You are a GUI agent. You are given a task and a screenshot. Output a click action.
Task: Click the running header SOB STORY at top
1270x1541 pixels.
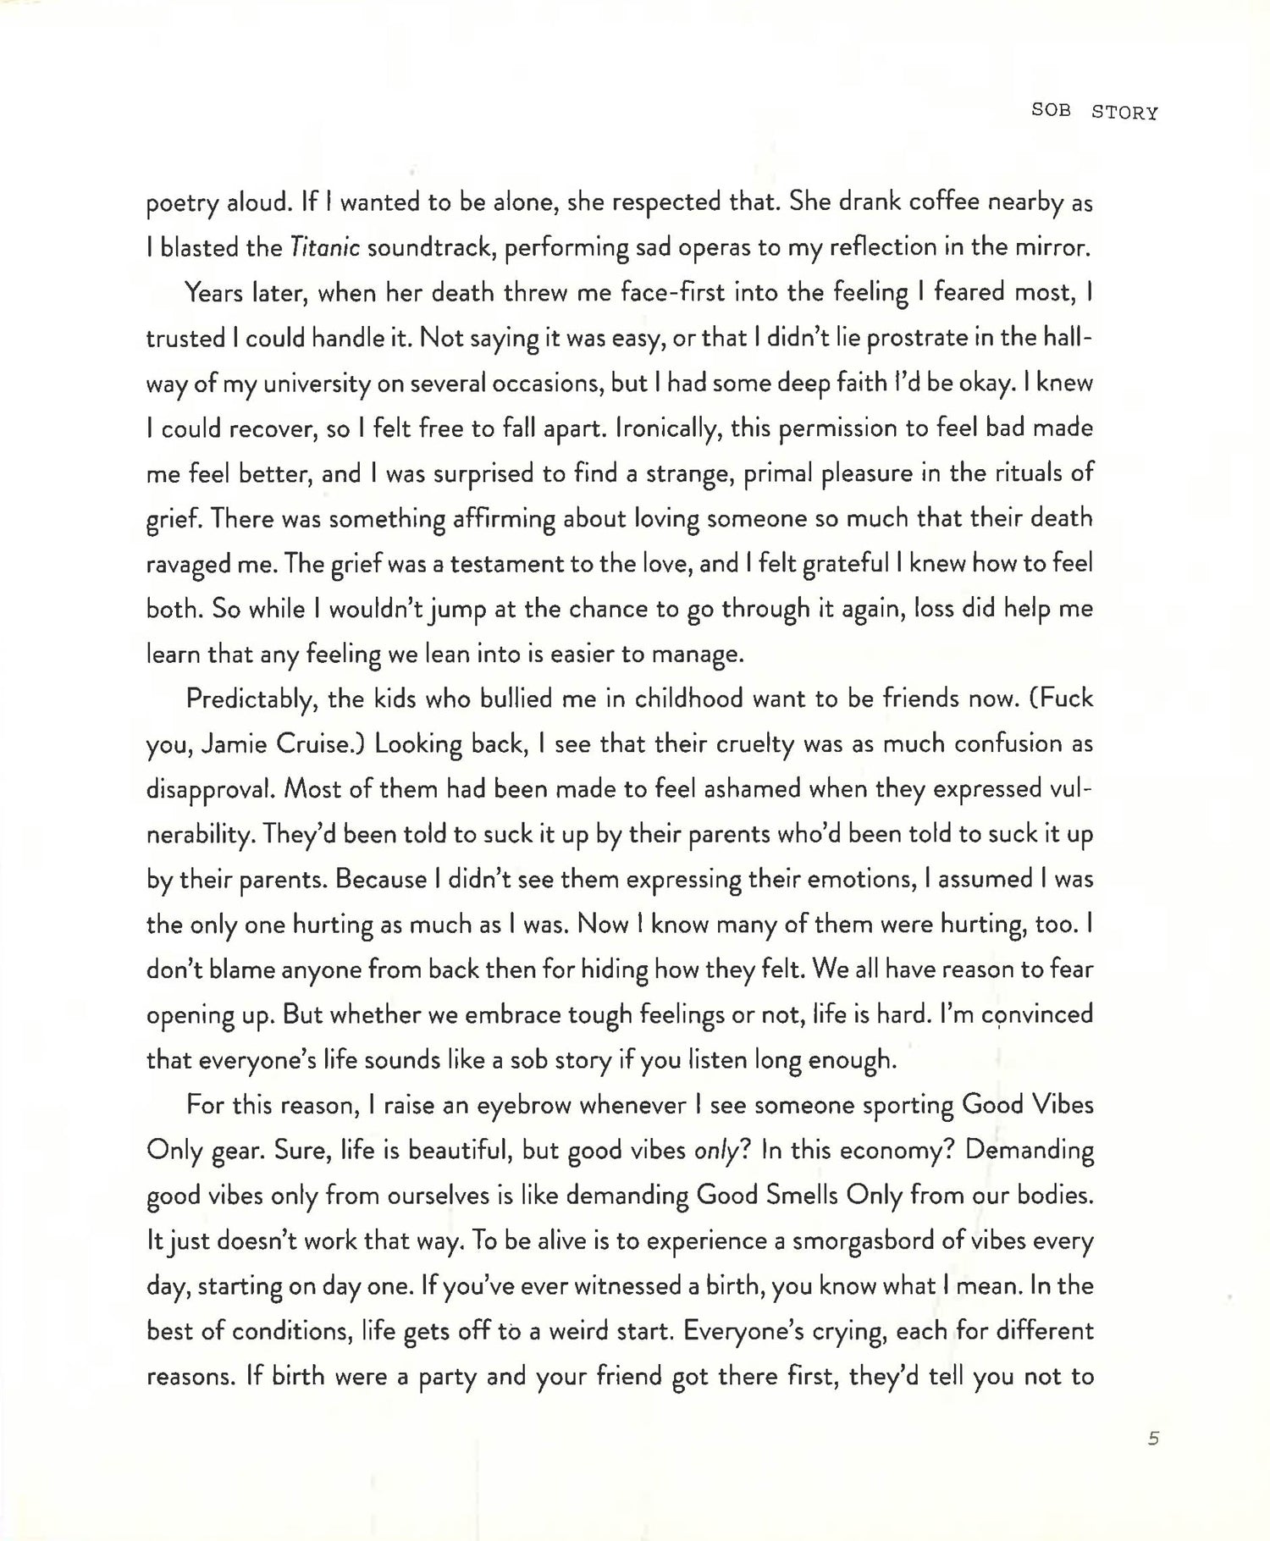pyautogui.click(x=1094, y=112)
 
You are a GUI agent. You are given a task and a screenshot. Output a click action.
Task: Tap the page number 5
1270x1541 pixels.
pyautogui.click(x=1153, y=1438)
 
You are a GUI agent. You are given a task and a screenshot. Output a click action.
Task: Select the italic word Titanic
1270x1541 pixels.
pyautogui.click(x=325, y=247)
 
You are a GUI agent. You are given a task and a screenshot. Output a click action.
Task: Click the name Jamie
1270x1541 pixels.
pyautogui.click(x=236, y=744)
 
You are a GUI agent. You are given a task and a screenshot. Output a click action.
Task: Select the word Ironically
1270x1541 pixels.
pyautogui.click(x=657, y=428)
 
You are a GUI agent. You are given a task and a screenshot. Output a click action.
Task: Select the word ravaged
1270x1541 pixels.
pyautogui.click(x=188, y=564)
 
